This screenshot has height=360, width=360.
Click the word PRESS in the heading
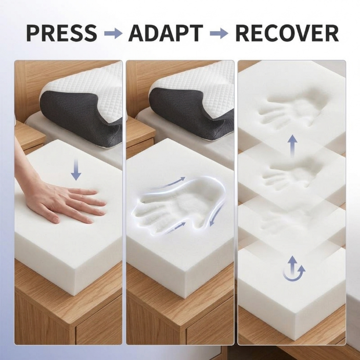(61, 33)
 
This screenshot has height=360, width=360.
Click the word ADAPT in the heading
(165, 33)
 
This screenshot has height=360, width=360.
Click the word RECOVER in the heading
(287, 33)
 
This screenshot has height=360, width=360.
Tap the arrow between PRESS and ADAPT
(113, 33)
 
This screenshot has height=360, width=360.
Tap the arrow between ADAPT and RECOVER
(219, 33)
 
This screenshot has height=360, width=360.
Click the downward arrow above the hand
(76, 170)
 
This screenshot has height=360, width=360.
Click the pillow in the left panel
(81, 103)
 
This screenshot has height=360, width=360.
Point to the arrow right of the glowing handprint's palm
(217, 215)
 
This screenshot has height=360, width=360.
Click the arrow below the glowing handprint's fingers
(176, 228)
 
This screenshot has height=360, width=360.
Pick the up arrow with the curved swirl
(293, 268)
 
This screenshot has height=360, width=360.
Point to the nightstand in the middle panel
(140, 136)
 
